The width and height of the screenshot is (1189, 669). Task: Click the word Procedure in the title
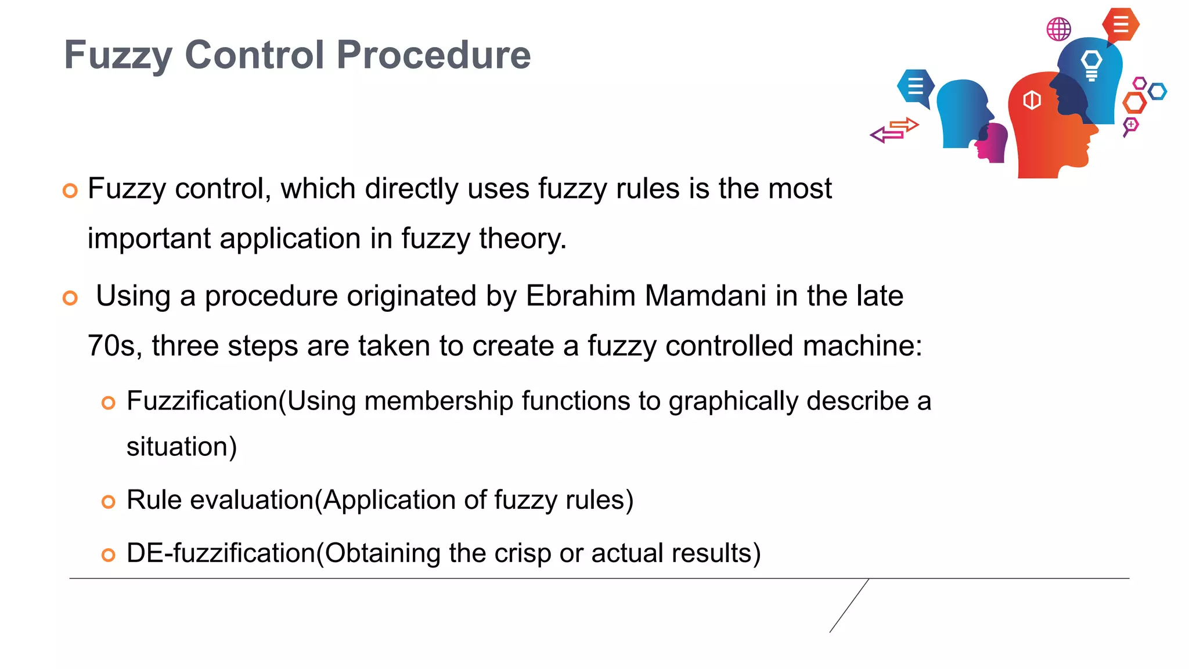click(x=434, y=55)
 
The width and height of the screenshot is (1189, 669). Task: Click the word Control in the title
click(x=254, y=55)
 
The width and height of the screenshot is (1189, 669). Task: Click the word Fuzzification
click(x=202, y=401)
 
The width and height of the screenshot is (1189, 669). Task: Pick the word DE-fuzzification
click(x=221, y=553)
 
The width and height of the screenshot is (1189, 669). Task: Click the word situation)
click(x=182, y=447)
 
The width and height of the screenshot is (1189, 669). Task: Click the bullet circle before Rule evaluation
click(x=109, y=502)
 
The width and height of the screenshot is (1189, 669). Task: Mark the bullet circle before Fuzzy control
click(x=70, y=190)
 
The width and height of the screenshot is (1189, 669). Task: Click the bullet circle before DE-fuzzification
click(x=109, y=555)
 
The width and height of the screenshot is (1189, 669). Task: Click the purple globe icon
click(x=1058, y=29)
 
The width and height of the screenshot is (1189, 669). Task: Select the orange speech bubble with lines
click(x=1120, y=25)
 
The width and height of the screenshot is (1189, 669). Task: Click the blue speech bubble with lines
click(x=916, y=87)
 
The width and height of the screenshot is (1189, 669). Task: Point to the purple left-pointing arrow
click(x=884, y=135)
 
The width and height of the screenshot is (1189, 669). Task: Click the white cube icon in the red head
click(x=1032, y=100)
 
